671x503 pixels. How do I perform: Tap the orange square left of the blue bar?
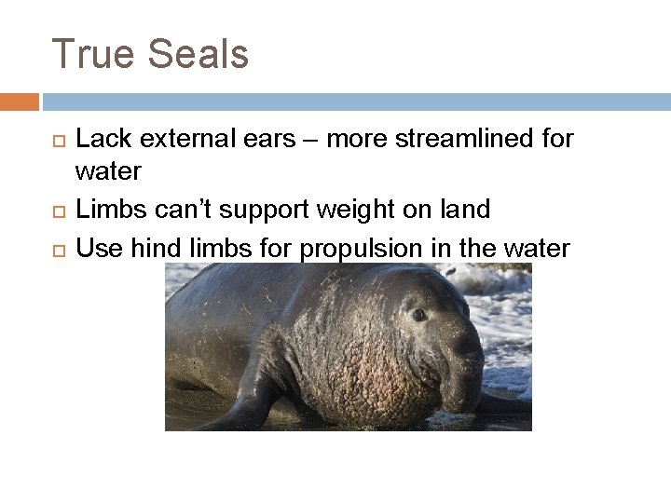click(x=20, y=101)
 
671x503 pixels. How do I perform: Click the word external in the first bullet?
click(x=175, y=140)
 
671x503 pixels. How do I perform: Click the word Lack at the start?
click(x=98, y=140)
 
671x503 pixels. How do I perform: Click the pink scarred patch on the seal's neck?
click(x=373, y=373)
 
